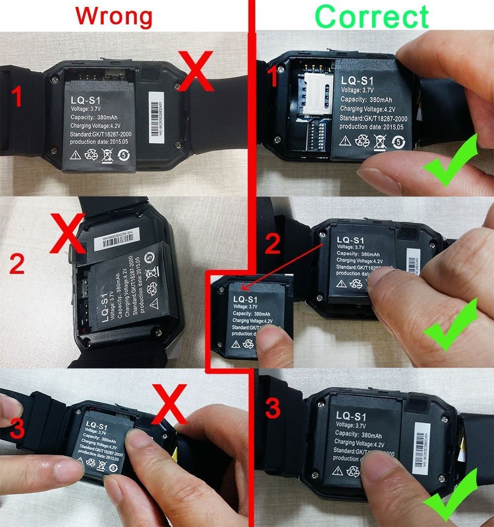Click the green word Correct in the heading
[372, 16]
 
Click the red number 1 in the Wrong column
[17, 97]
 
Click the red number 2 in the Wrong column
[17, 265]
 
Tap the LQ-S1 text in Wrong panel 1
[86, 100]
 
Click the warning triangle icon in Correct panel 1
[345, 141]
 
